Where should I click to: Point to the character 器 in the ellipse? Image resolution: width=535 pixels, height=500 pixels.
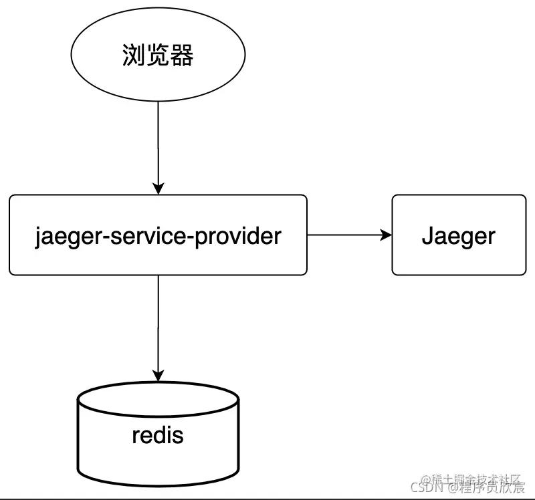[x=183, y=56]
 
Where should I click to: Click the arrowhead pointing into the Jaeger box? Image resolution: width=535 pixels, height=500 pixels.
[x=386, y=235]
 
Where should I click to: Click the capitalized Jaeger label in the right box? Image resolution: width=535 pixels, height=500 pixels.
[x=459, y=236]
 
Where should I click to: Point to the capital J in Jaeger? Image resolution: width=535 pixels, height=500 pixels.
[x=427, y=236]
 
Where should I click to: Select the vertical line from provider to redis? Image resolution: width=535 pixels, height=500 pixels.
[x=158, y=324]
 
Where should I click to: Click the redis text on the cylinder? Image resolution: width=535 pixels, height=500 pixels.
[x=158, y=435]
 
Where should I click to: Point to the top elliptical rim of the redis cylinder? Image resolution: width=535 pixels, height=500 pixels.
[x=158, y=387]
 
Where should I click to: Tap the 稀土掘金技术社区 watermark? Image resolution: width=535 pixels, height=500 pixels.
[x=475, y=479]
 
